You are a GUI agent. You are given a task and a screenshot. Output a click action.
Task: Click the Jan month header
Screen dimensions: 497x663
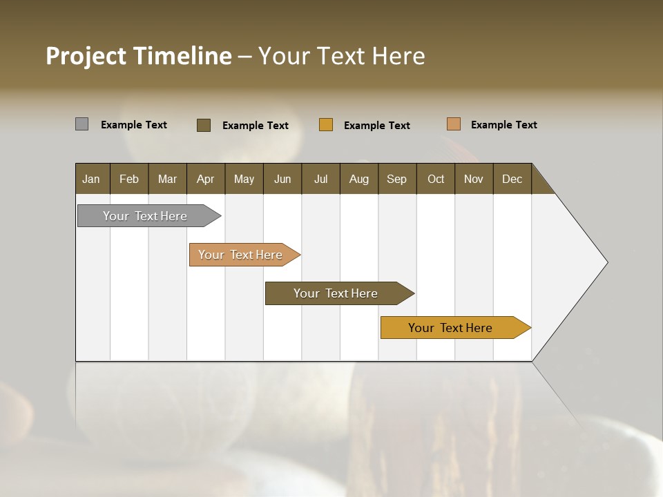pyautogui.click(x=92, y=179)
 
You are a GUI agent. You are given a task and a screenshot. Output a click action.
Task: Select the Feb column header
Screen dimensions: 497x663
pyautogui.click(x=129, y=179)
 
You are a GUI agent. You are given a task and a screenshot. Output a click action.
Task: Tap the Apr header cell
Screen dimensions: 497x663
pyautogui.click(x=206, y=179)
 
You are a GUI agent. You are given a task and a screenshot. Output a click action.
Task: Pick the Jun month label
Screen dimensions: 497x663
pyautogui.click(x=282, y=179)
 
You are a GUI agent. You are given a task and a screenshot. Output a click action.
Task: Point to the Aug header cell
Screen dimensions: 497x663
pyautogui.click(x=359, y=179)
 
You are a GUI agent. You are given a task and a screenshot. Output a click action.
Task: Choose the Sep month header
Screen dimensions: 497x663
pyautogui.click(x=397, y=179)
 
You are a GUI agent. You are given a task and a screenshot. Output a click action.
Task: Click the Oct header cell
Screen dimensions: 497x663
pyautogui.click(x=436, y=179)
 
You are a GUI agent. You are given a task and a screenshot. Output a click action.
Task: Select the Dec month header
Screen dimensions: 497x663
pyautogui.click(x=512, y=179)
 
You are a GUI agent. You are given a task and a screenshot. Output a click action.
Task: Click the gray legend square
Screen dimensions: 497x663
pyautogui.click(x=81, y=124)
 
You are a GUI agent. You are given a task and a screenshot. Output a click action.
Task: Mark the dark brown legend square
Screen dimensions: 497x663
pyautogui.click(x=204, y=125)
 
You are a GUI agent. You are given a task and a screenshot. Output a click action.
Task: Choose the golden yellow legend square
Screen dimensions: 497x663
pyautogui.click(x=326, y=125)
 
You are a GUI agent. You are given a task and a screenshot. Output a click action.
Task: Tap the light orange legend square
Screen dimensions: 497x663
pyautogui.click(x=454, y=124)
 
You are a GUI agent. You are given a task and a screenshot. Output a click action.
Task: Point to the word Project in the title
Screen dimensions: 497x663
pyautogui.click(x=86, y=56)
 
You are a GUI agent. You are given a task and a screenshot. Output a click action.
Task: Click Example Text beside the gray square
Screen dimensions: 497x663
pyautogui.click(x=134, y=125)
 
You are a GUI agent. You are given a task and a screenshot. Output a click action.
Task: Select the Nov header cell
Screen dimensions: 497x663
pyautogui.click(x=474, y=179)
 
